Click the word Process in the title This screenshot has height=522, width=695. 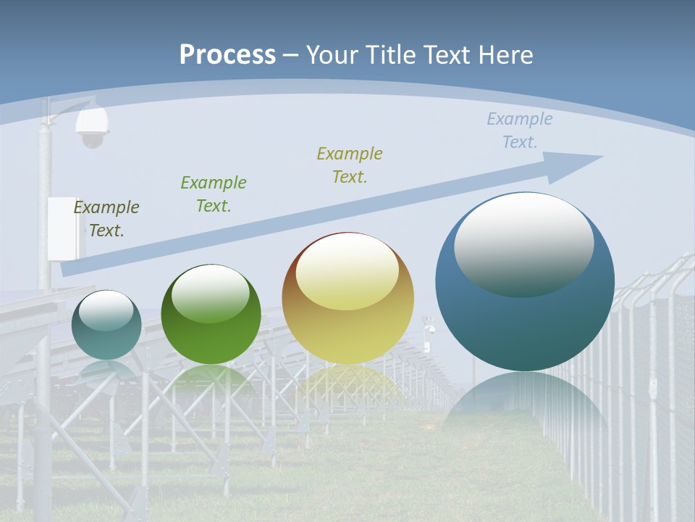coord(227,54)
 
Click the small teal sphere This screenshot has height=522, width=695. coord(106,325)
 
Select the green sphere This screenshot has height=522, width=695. coord(211,314)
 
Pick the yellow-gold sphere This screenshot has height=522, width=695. coord(347,299)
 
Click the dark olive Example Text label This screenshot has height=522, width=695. coord(106,218)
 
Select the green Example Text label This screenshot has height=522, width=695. coord(214,194)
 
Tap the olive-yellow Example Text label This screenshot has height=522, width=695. coord(350,165)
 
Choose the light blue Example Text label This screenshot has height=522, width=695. coord(520,130)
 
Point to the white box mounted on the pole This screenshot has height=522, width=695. coord(62,228)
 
